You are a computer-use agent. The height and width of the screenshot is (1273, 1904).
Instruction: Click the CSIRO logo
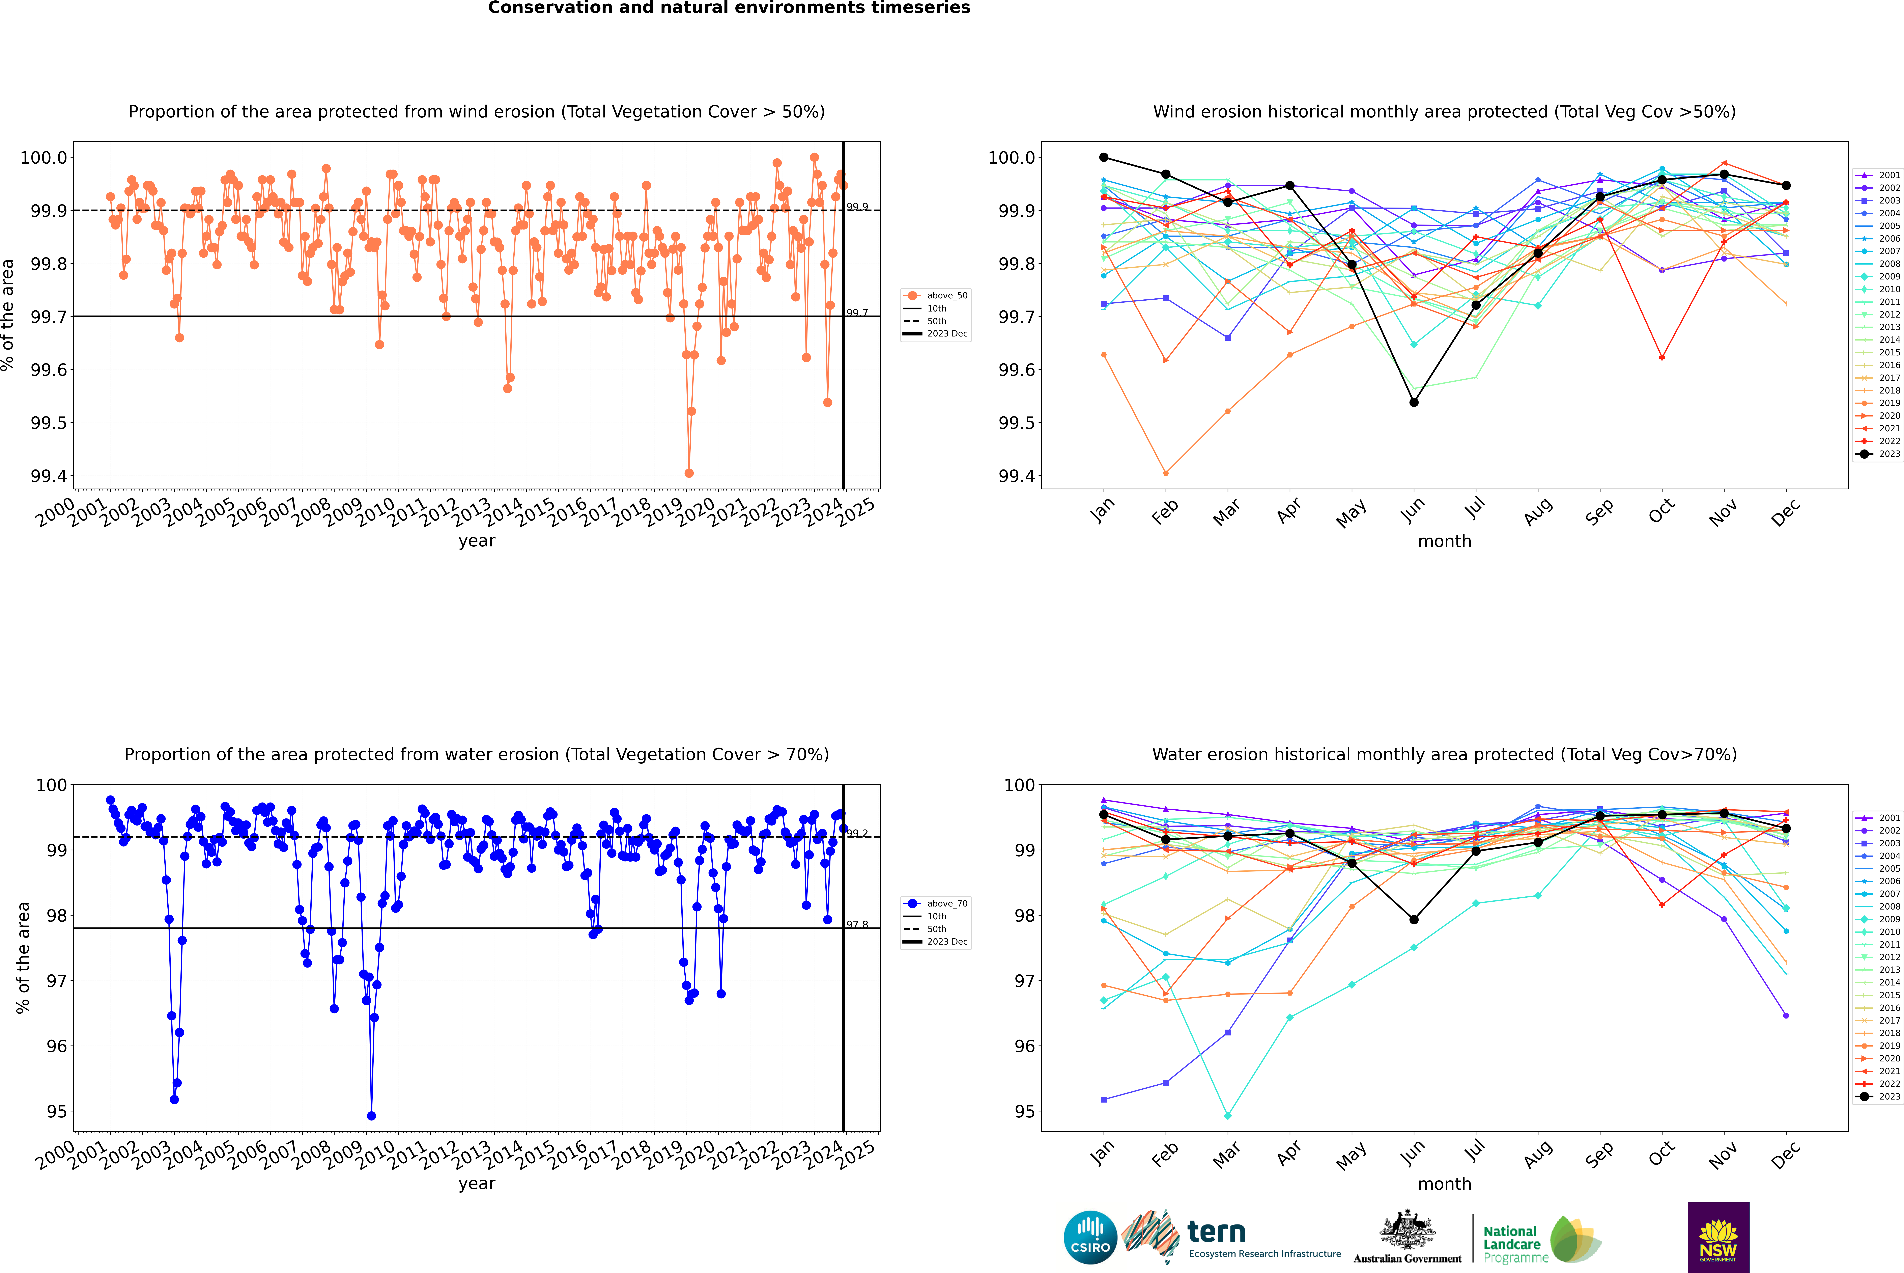coord(1090,1237)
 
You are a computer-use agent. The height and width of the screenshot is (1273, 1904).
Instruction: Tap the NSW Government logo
coord(1718,1237)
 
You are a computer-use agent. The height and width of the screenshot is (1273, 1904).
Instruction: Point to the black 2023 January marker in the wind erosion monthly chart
coord(1104,158)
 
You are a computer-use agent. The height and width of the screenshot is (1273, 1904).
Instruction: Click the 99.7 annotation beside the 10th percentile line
coord(857,313)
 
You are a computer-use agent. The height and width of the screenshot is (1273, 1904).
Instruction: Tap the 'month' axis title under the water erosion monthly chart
coord(1444,1184)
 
